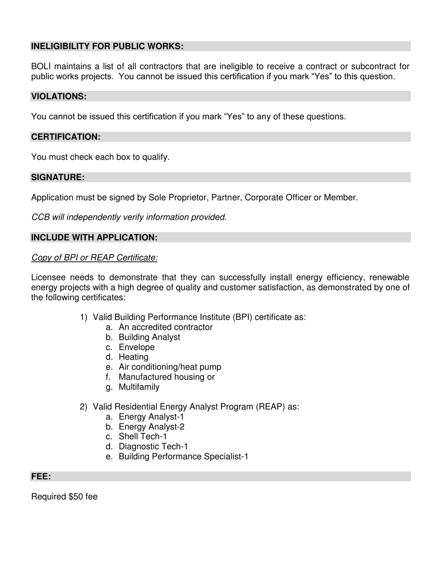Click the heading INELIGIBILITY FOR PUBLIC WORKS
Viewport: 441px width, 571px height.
107,46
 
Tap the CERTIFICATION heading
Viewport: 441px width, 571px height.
66,137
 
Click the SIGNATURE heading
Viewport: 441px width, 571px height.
58,177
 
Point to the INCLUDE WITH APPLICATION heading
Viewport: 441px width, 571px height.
94,238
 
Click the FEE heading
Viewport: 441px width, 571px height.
41,477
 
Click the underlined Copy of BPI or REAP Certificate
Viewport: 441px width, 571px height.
94,258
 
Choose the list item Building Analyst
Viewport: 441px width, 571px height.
149,337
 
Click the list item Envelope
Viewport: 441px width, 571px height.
136,347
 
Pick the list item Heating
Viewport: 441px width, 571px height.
134,357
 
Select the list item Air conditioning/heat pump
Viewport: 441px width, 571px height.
170,367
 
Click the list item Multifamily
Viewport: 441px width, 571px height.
139,387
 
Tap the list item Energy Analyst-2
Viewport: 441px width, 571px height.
151,427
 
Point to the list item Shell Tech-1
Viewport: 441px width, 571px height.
143,437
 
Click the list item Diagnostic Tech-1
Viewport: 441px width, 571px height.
153,447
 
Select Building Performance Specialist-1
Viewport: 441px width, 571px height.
183,457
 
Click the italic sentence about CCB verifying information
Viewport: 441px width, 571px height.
129,217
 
